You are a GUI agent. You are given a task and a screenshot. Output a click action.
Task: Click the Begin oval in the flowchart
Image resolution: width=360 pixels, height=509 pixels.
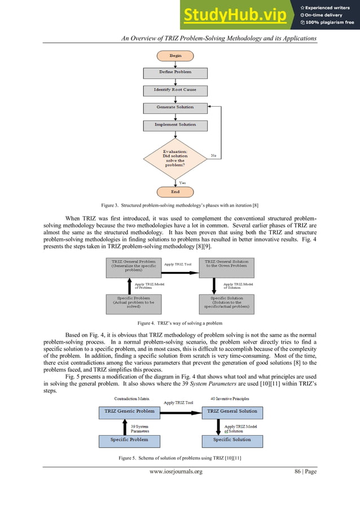pos(175,56)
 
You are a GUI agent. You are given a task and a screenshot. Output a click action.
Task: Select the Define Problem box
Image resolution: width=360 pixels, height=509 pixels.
pos(175,72)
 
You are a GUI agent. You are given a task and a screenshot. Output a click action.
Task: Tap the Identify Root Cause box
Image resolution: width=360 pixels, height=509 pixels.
pos(175,90)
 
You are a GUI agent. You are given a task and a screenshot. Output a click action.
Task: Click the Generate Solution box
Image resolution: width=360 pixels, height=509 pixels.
pos(175,107)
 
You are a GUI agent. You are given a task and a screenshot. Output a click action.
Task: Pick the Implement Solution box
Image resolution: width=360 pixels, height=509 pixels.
pos(175,125)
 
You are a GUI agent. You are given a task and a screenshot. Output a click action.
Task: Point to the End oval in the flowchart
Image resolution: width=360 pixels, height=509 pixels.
pos(175,192)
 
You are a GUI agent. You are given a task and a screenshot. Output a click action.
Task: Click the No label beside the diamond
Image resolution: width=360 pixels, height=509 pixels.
pos(214,155)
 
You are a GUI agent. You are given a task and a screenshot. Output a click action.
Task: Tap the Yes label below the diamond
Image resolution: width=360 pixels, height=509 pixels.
pos(182,182)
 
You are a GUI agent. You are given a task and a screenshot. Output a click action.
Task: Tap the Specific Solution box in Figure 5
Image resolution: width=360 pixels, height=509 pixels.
pos(232,440)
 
